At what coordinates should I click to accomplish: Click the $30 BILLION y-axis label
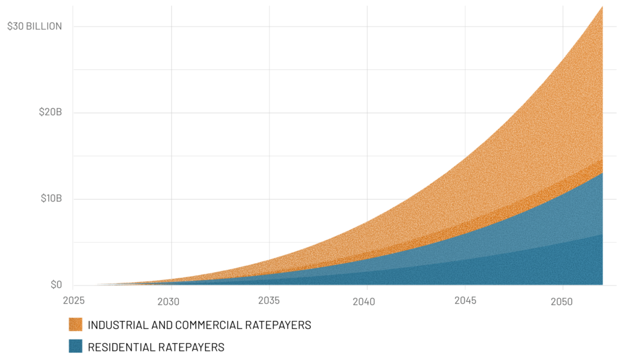click(34, 27)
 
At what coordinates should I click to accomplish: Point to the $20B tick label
click(50, 113)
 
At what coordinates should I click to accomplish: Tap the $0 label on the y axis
click(56, 285)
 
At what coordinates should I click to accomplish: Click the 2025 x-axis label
click(72, 301)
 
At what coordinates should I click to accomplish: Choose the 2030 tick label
click(170, 301)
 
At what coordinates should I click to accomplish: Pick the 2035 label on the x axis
click(269, 301)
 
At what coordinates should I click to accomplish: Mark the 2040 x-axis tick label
click(367, 301)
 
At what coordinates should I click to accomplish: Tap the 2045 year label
click(464, 301)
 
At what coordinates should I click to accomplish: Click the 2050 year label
click(562, 301)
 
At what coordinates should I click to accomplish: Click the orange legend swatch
click(76, 325)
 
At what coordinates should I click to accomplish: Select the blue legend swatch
click(76, 346)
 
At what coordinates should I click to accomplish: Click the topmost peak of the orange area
click(602, 7)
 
